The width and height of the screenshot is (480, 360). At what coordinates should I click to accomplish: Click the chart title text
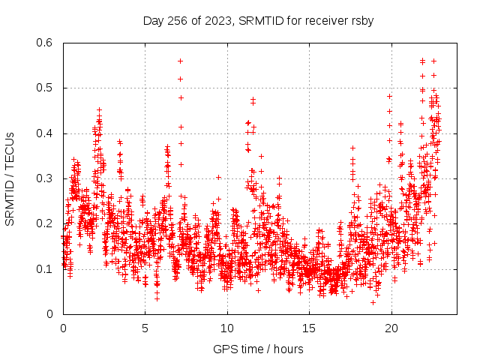point(258,21)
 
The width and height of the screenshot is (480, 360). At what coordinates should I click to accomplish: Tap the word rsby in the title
point(361,21)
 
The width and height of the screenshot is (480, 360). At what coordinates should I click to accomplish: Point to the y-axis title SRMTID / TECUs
point(10,179)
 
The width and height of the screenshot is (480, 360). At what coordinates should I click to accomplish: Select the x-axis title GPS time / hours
point(258,349)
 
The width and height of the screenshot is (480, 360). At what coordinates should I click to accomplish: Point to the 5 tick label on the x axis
point(145,328)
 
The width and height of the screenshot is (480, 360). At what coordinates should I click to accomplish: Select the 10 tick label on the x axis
point(226,328)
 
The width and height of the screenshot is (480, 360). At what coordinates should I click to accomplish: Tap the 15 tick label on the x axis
point(309,328)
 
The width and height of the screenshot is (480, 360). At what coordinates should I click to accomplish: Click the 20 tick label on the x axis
point(391,328)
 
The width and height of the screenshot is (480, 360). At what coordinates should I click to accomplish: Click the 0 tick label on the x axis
point(63,328)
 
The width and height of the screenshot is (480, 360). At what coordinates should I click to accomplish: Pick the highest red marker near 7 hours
point(181,61)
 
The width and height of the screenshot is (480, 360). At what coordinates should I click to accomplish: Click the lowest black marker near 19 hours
point(373,302)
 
